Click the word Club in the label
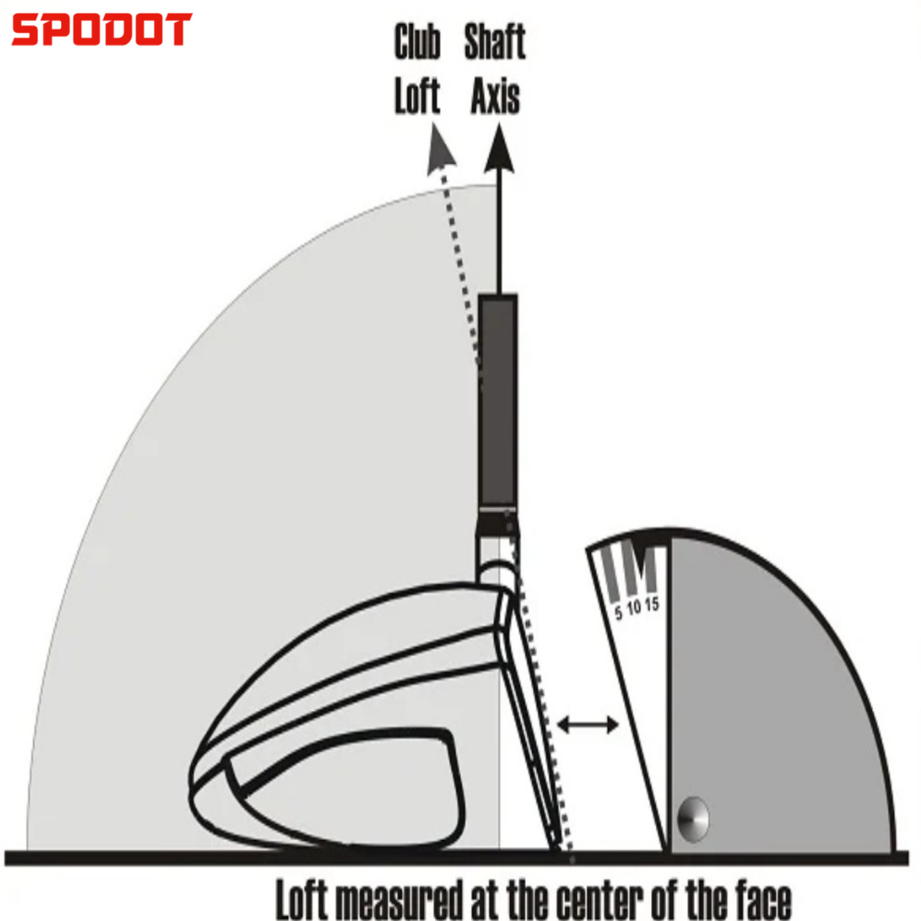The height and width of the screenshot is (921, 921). pyautogui.click(x=417, y=42)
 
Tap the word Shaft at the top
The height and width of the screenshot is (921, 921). pyautogui.click(x=494, y=42)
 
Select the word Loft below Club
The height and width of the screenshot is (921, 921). pyautogui.click(x=417, y=96)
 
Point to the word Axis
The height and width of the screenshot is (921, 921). pyautogui.click(x=495, y=96)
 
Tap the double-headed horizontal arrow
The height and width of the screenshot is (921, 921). pyautogui.click(x=588, y=724)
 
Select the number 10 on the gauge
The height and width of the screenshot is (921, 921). pyautogui.click(x=634, y=607)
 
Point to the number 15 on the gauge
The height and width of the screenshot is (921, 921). pyautogui.click(x=652, y=604)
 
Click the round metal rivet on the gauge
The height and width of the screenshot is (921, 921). pyautogui.click(x=692, y=819)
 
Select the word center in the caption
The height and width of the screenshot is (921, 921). pyautogui.click(x=600, y=900)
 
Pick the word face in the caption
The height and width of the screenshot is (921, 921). pyautogui.click(x=763, y=900)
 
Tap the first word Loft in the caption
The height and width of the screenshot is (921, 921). pyautogui.click(x=301, y=900)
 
